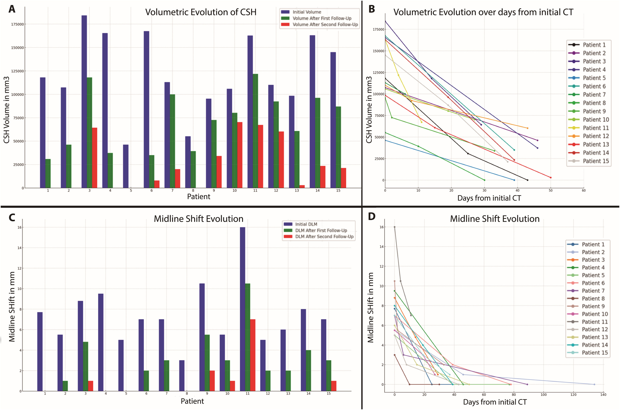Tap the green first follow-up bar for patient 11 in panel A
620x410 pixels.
(x=255, y=131)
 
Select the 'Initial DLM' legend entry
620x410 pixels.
(x=306, y=224)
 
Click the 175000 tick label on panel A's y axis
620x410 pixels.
(x=17, y=24)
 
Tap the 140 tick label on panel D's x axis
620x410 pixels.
(x=603, y=395)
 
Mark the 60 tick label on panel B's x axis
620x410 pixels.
(x=583, y=190)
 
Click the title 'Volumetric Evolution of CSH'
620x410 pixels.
(x=201, y=12)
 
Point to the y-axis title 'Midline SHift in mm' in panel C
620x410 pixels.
(x=12, y=307)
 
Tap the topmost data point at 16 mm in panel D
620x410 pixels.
(x=394, y=227)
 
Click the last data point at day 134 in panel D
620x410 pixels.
(x=594, y=384)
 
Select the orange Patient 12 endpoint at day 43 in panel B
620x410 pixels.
(x=528, y=128)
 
